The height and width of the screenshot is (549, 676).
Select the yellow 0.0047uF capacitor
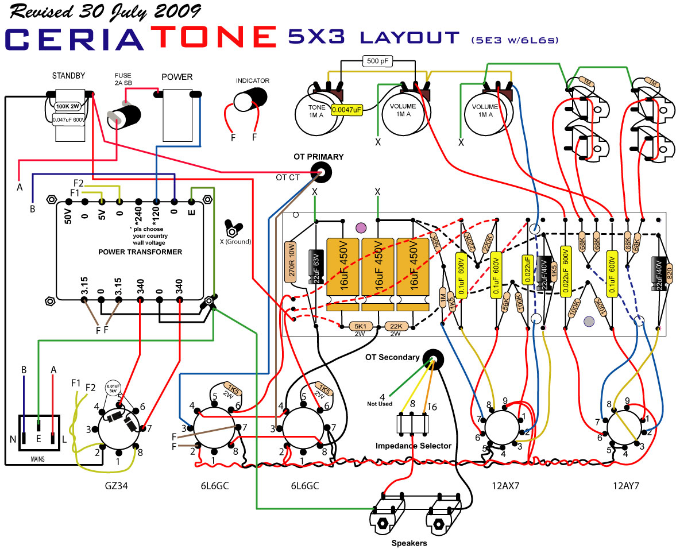coord(347,110)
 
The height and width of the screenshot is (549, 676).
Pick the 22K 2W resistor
coord(396,326)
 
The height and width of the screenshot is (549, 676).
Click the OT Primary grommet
coord(322,171)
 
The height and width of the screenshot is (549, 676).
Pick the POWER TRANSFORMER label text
coord(140,252)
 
